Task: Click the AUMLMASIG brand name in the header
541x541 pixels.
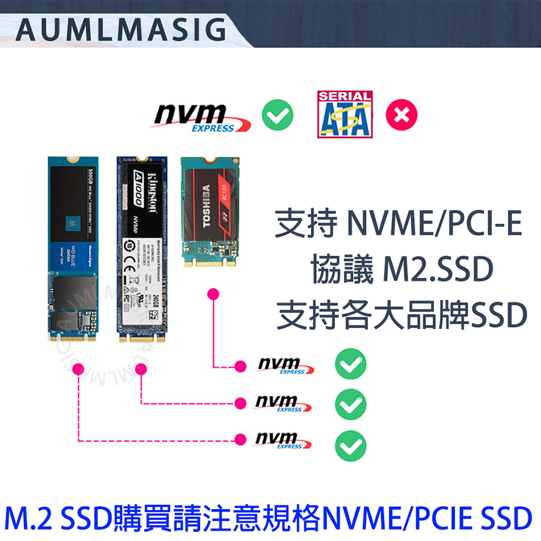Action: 120,29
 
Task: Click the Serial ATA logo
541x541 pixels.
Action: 344,114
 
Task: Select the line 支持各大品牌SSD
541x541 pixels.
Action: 401,314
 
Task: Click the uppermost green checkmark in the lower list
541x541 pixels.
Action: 350,364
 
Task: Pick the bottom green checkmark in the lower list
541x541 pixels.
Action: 350,444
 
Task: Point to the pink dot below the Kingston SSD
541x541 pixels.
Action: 141,370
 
